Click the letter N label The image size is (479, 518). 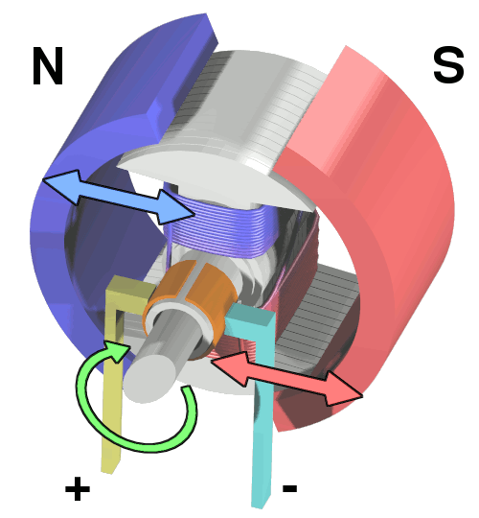[x=48, y=66]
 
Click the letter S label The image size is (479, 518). [x=448, y=66]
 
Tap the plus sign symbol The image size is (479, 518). [x=78, y=488]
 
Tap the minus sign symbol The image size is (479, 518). [x=289, y=488]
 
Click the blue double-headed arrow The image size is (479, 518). [x=119, y=197]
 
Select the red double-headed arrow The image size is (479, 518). [x=287, y=378]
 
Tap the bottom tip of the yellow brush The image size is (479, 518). [x=109, y=471]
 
